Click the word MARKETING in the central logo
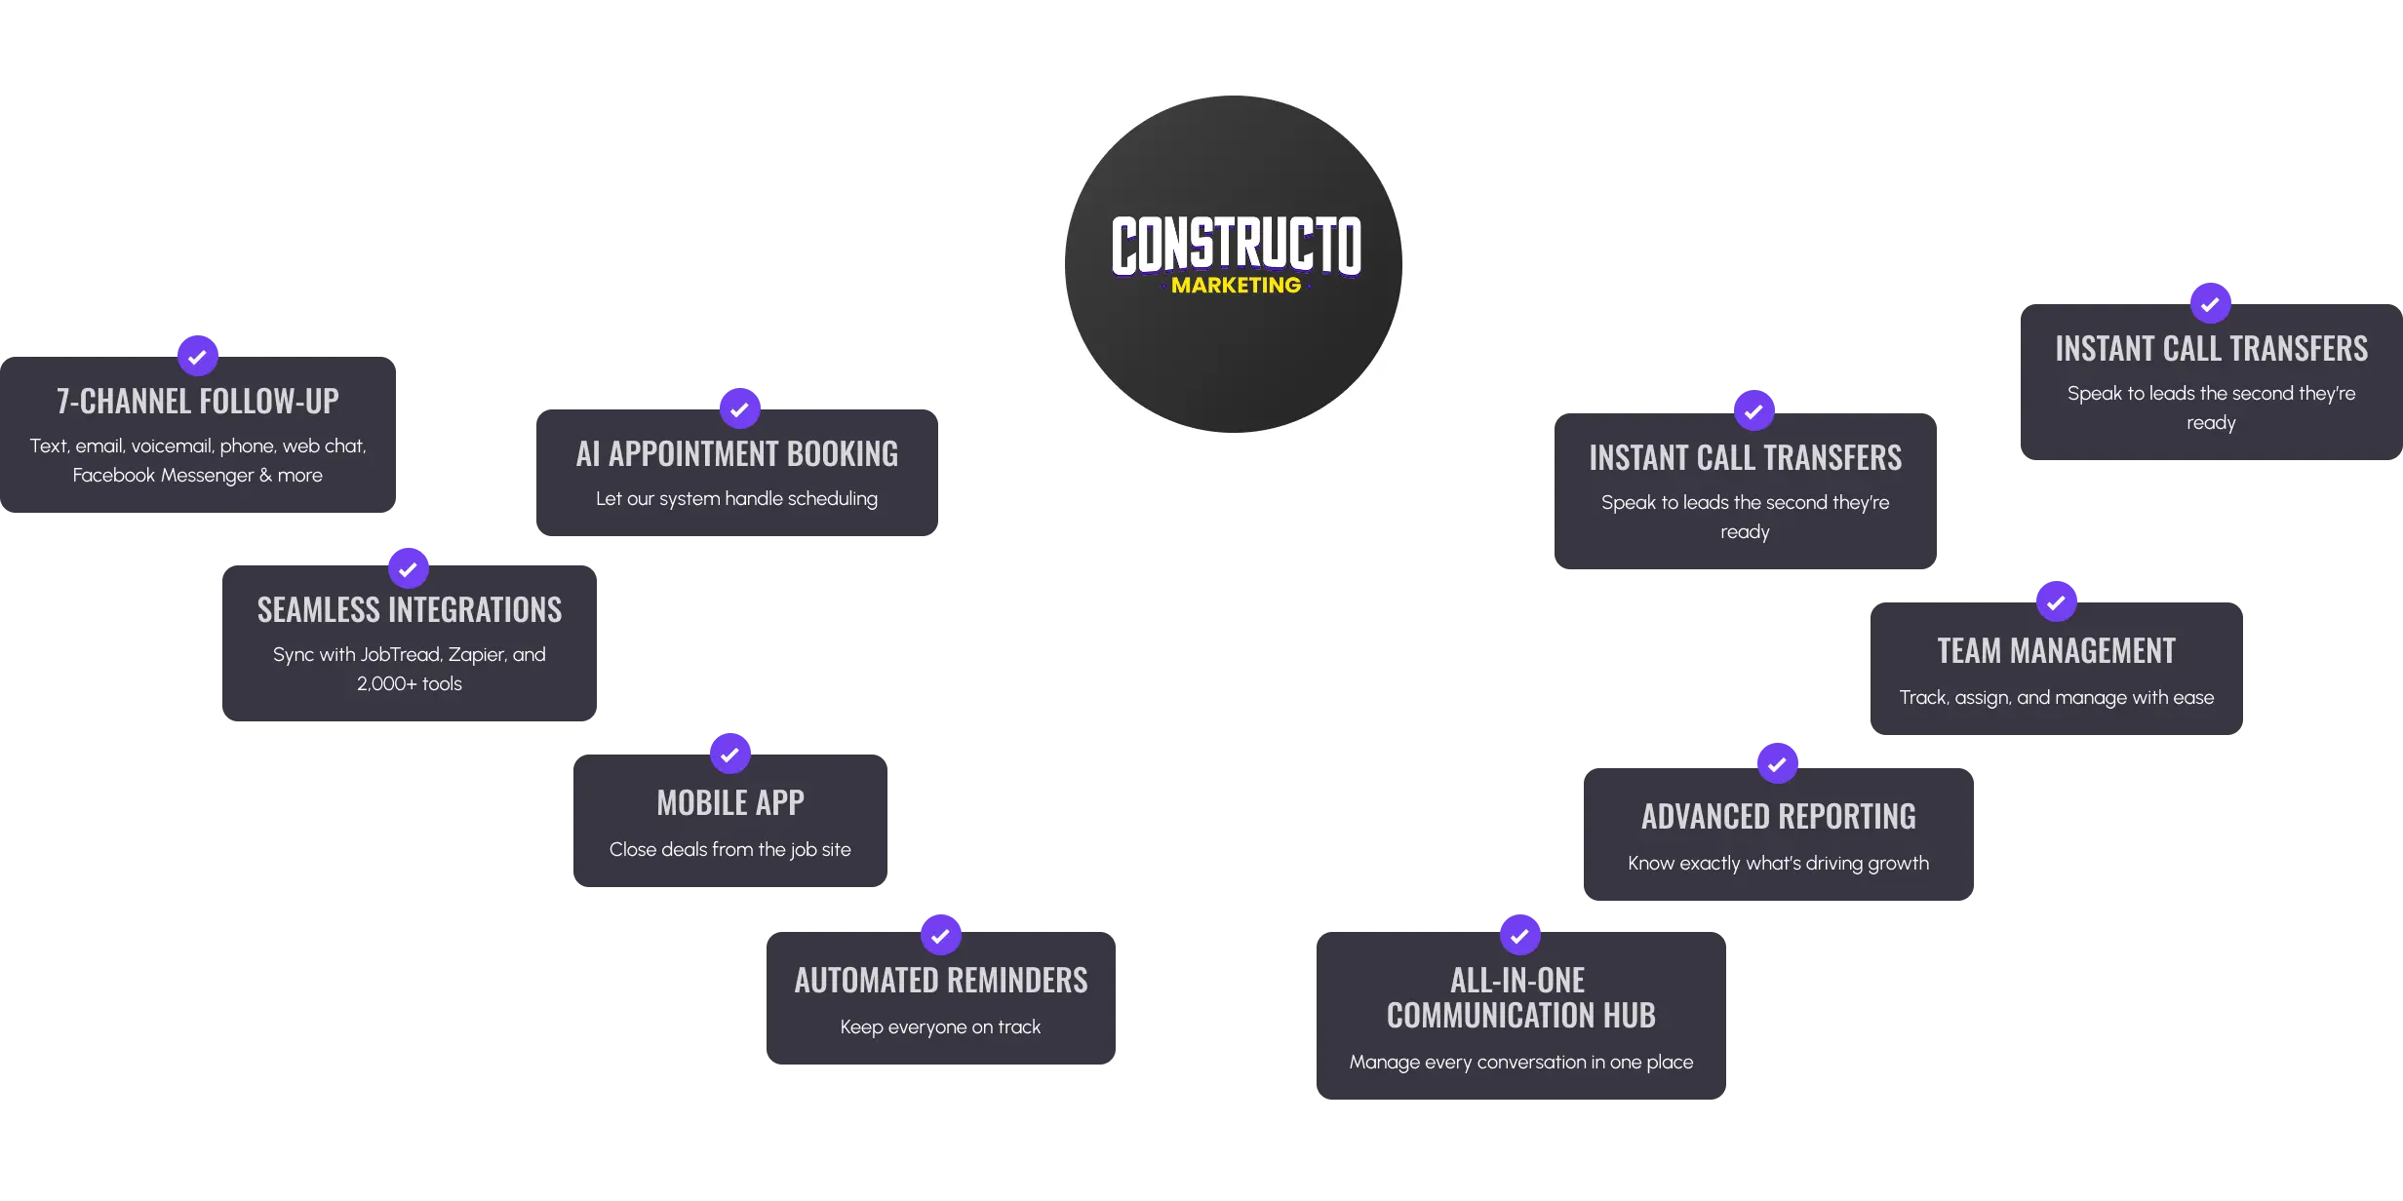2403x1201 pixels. (x=1236, y=286)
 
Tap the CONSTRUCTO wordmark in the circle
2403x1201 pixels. (x=1236, y=245)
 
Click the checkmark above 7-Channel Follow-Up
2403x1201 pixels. (x=198, y=356)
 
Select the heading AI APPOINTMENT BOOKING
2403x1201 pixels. (x=737, y=454)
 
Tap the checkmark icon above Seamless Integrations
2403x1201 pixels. (x=409, y=568)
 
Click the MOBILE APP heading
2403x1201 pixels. (x=730, y=803)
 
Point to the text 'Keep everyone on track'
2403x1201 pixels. (x=941, y=1027)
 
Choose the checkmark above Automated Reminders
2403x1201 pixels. (x=941, y=935)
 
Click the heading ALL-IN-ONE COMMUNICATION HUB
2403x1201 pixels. (x=1521, y=998)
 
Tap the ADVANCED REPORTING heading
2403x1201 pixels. (x=1779, y=817)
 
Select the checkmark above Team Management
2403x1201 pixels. (x=2057, y=601)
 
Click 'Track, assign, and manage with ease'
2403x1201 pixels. (x=2057, y=698)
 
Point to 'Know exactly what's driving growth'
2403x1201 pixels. (x=1779, y=864)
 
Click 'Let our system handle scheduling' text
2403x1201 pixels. (x=737, y=499)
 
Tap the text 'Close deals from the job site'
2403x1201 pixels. (x=730, y=850)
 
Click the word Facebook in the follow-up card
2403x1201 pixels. (x=114, y=476)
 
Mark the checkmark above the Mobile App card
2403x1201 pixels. (x=730, y=754)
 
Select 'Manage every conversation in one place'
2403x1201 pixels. (x=1521, y=1063)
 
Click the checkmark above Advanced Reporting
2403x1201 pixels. (x=1778, y=763)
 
